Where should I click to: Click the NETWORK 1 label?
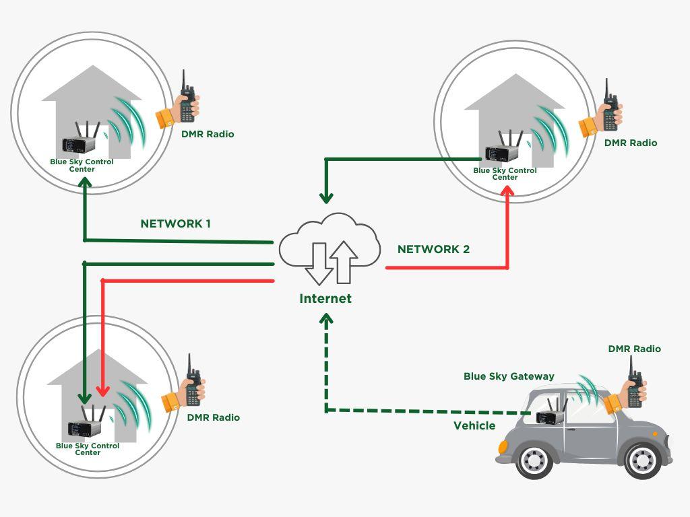point(175,223)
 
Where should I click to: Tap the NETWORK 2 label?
point(433,249)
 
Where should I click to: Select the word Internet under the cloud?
point(325,298)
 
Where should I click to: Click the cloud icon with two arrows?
point(329,250)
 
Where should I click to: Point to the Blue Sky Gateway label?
point(509,376)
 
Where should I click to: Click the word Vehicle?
point(474,425)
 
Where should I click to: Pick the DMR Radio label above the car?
point(634,349)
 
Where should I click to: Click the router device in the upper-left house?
point(82,141)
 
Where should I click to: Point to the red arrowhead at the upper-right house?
point(507,193)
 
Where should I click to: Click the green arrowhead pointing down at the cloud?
point(327,199)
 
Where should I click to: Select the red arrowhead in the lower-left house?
point(102,390)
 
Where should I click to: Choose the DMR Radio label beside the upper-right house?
point(630,143)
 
